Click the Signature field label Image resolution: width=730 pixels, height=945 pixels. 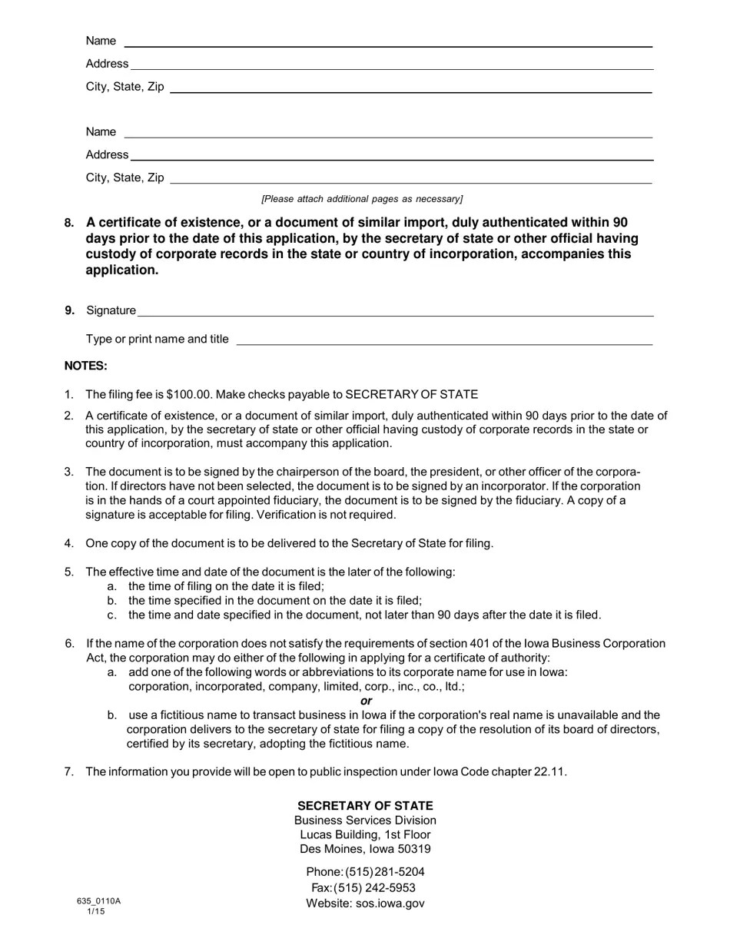tap(111, 310)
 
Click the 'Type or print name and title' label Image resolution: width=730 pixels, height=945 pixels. tap(157, 339)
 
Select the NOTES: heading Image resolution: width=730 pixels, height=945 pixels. tap(85, 366)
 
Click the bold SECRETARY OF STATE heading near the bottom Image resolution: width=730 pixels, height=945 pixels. tap(365, 806)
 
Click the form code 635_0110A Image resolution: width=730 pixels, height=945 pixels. tap(98, 901)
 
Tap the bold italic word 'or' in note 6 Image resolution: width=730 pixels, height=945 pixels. tap(366, 701)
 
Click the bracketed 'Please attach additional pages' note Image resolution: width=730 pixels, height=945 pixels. tap(362, 199)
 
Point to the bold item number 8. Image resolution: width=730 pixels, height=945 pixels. tap(69, 224)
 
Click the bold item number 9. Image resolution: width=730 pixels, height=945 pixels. tap(69, 310)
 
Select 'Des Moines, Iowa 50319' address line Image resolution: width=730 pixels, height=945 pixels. tap(365, 849)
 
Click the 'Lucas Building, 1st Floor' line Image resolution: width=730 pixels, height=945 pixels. tap(365, 834)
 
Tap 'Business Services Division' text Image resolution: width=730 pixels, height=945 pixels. tap(365, 821)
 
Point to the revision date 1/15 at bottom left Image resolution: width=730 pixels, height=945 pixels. tap(95, 912)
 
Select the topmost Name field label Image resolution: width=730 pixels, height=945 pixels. tap(101, 41)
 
